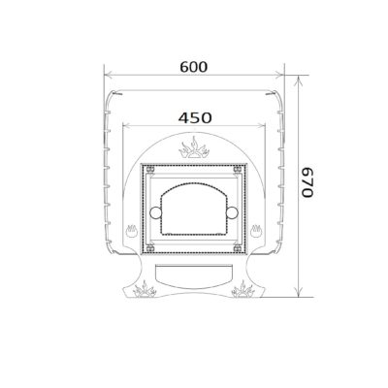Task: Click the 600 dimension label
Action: coord(194,67)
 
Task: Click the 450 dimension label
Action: coord(195,118)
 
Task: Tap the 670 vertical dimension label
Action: coord(307,182)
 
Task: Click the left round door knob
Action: coord(156,212)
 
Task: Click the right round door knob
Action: coord(232,212)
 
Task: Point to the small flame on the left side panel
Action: coord(132,231)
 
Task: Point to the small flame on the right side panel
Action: coord(256,231)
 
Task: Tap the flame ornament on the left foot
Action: coord(145,289)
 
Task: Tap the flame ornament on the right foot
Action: coord(243,289)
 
